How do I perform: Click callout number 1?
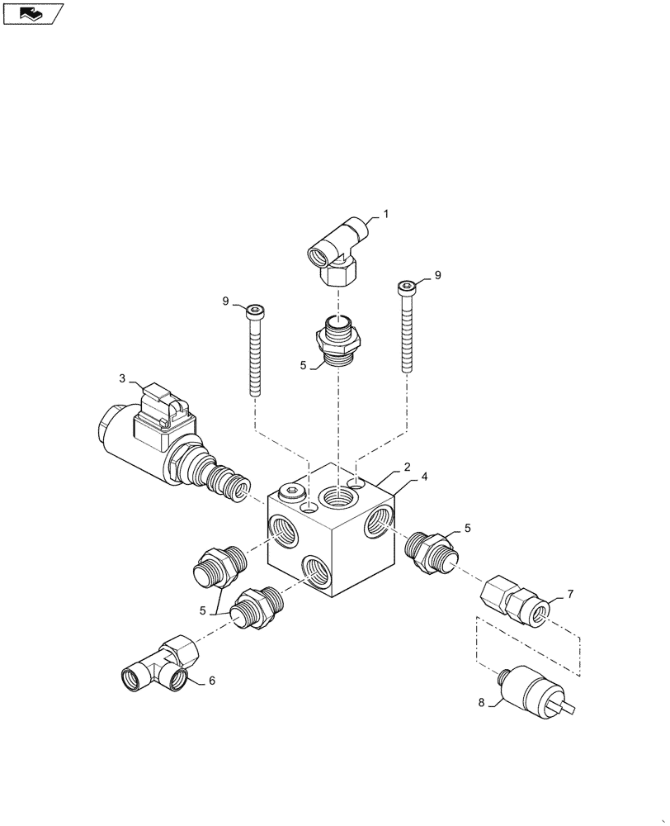[385, 214]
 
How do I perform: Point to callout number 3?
[122, 379]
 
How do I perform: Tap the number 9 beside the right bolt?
[437, 275]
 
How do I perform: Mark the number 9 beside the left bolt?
[225, 301]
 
